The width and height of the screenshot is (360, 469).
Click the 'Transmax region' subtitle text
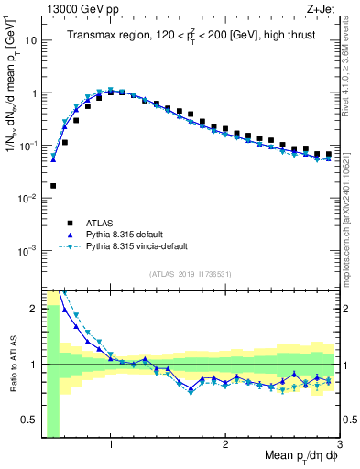[103, 36]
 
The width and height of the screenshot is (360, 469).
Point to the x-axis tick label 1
[111, 445]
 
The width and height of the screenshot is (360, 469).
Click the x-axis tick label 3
[339, 445]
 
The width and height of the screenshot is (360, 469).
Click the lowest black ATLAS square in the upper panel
[53, 186]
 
